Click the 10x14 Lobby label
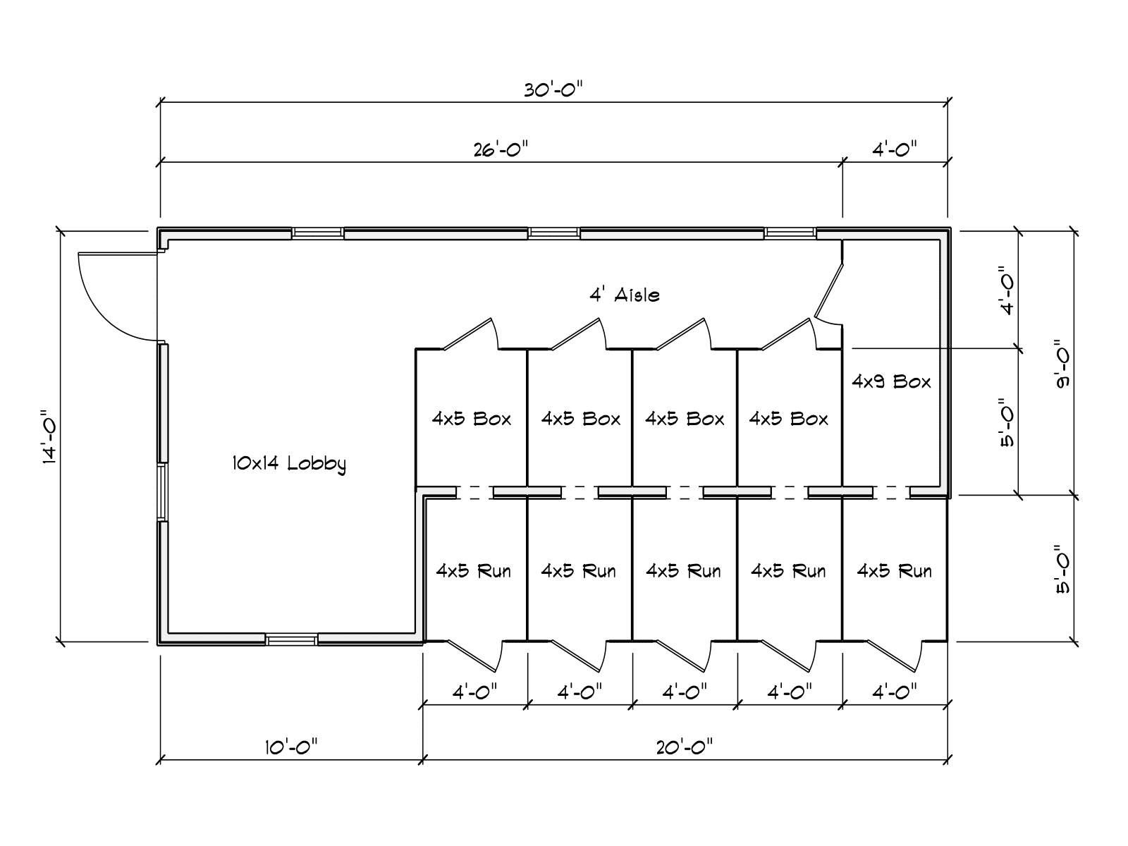coord(289,464)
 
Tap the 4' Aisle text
coord(625,295)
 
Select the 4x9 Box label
coord(892,381)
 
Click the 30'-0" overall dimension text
coord(553,90)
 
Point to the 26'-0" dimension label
coord(501,149)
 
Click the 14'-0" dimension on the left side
coord(50,437)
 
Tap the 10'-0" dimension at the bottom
coord(291,747)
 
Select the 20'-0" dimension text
coord(685,747)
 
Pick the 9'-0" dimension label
coord(1062,364)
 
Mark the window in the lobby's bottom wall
coord(291,640)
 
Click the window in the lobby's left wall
coord(162,492)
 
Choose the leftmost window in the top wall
coord(318,233)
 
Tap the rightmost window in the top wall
coord(790,233)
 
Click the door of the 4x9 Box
coord(828,294)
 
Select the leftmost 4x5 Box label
coord(472,419)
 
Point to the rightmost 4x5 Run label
coord(894,571)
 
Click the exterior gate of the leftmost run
coord(474,656)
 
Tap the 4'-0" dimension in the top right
coord(895,149)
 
